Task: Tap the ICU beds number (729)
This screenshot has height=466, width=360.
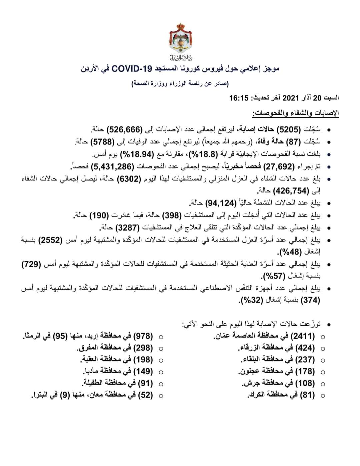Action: point(31,265)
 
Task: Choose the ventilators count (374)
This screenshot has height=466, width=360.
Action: point(310,300)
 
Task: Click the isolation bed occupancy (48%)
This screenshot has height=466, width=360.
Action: point(296,252)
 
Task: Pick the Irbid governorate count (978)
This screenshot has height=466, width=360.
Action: point(143,336)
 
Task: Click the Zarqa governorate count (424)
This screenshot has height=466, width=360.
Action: point(305,348)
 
